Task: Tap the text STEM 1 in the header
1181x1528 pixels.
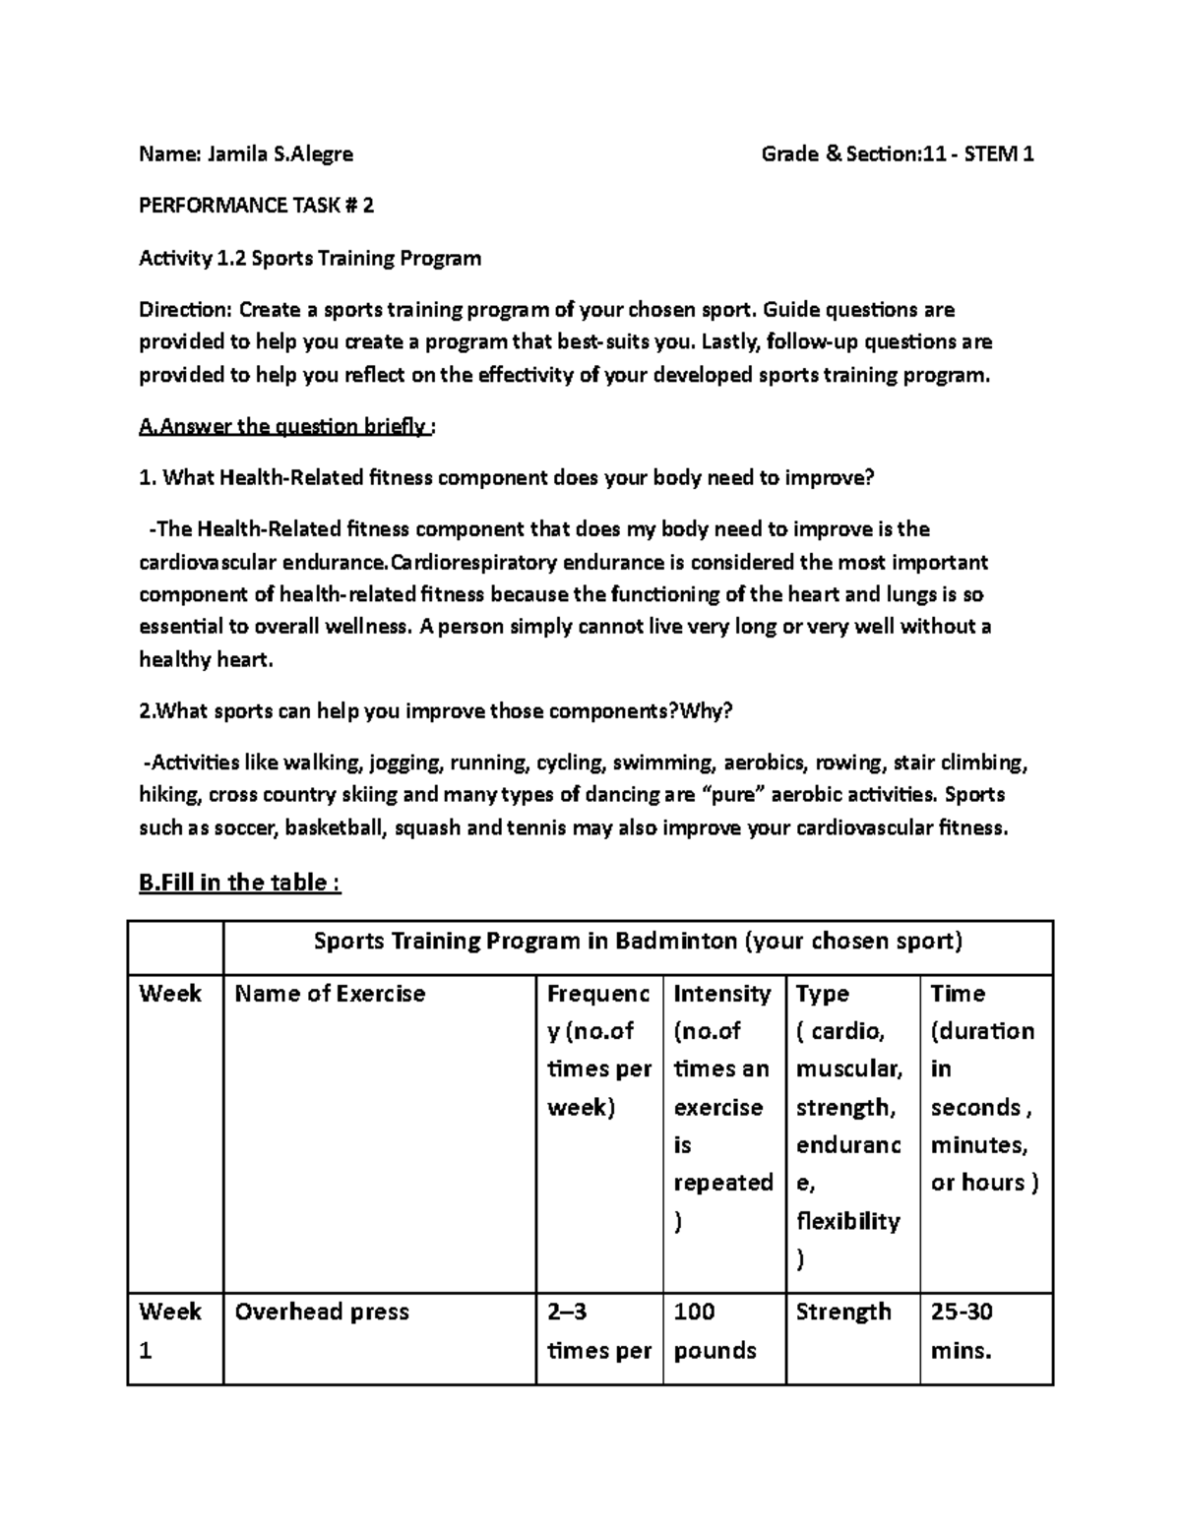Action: click(x=999, y=153)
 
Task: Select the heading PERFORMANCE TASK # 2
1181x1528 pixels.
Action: click(x=256, y=206)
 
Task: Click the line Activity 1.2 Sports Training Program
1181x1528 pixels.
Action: click(x=310, y=258)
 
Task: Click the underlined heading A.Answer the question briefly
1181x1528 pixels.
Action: click(x=286, y=426)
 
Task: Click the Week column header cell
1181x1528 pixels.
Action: click(x=170, y=994)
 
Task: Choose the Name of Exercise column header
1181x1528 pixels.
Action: click(x=330, y=994)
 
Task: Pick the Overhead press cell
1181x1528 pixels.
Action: click(x=322, y=1312)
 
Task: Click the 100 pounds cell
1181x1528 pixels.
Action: click(x=715, y=1330)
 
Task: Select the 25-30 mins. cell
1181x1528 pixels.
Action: click(x=962, y=1330)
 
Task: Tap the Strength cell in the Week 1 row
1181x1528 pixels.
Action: click(x=843, y=1312)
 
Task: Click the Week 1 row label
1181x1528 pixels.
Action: click(x=169, y=1330)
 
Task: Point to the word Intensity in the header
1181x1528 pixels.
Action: click(x=721, y=994)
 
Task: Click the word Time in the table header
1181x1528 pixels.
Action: click(x=958, y=994)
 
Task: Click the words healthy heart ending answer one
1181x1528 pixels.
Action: click(x=205, y=659)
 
